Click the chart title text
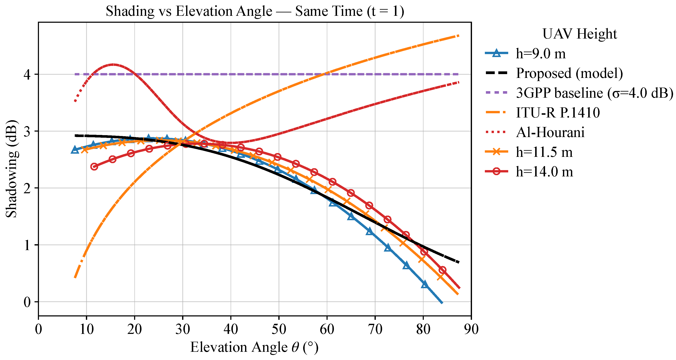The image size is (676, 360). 255,11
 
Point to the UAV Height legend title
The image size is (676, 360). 579,34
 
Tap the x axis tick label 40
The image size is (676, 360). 231,329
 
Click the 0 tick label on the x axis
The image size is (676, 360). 39,329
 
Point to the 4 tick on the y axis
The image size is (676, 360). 27,75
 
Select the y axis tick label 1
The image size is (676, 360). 27,245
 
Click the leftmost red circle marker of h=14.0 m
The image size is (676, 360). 94,167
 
